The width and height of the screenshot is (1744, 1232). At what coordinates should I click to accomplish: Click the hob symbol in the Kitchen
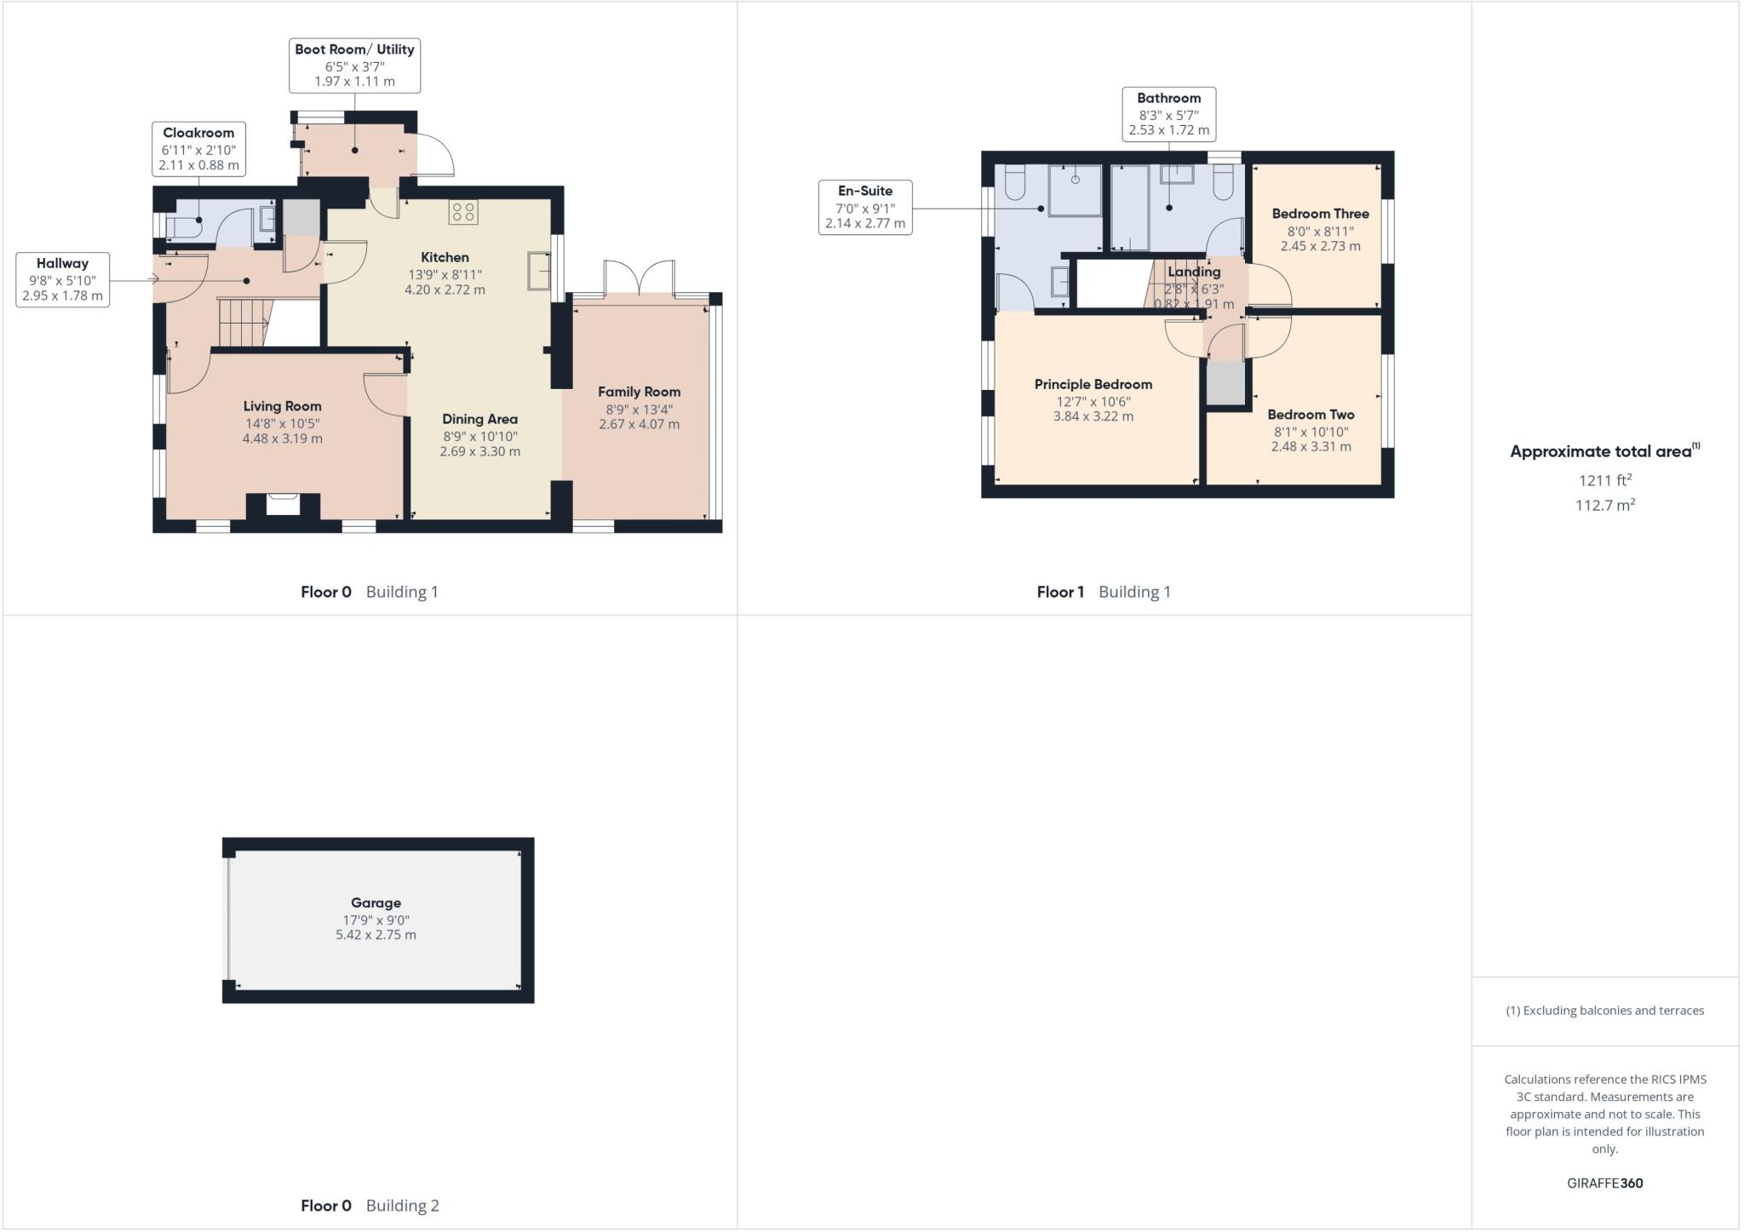(464, 211)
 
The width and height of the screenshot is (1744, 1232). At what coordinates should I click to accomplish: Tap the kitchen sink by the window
(539, 271)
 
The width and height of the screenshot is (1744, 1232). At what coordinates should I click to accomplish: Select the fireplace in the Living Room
(284, 504)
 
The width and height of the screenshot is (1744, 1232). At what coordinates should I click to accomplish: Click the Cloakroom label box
(199, 149)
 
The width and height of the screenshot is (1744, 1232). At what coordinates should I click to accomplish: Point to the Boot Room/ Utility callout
(354, 66)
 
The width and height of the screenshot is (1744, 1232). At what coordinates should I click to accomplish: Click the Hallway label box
(62, 279)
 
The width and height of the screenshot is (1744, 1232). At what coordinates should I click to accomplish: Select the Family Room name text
(639, 392)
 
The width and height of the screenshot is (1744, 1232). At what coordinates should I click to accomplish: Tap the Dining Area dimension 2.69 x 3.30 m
(479, 451)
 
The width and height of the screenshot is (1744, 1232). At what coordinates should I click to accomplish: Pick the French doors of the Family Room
(640, 278)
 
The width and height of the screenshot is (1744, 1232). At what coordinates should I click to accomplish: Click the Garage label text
(376, 903)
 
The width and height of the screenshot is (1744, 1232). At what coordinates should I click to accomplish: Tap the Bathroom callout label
(1168, 114)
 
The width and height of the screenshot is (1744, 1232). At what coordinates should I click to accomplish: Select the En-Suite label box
(865, 207)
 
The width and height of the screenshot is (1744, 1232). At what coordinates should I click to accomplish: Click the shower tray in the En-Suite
(1075, 191)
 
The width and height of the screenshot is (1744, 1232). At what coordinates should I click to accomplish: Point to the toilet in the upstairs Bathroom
(1223, 181)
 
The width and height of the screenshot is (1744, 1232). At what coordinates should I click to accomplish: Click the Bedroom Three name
(1320, 214)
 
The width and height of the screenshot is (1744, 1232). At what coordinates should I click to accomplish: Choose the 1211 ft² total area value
(1604, 480)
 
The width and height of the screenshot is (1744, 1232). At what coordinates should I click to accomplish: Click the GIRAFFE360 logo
(1604, 1183)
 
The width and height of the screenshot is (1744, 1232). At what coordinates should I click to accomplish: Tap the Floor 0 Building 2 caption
(370, 1206)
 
